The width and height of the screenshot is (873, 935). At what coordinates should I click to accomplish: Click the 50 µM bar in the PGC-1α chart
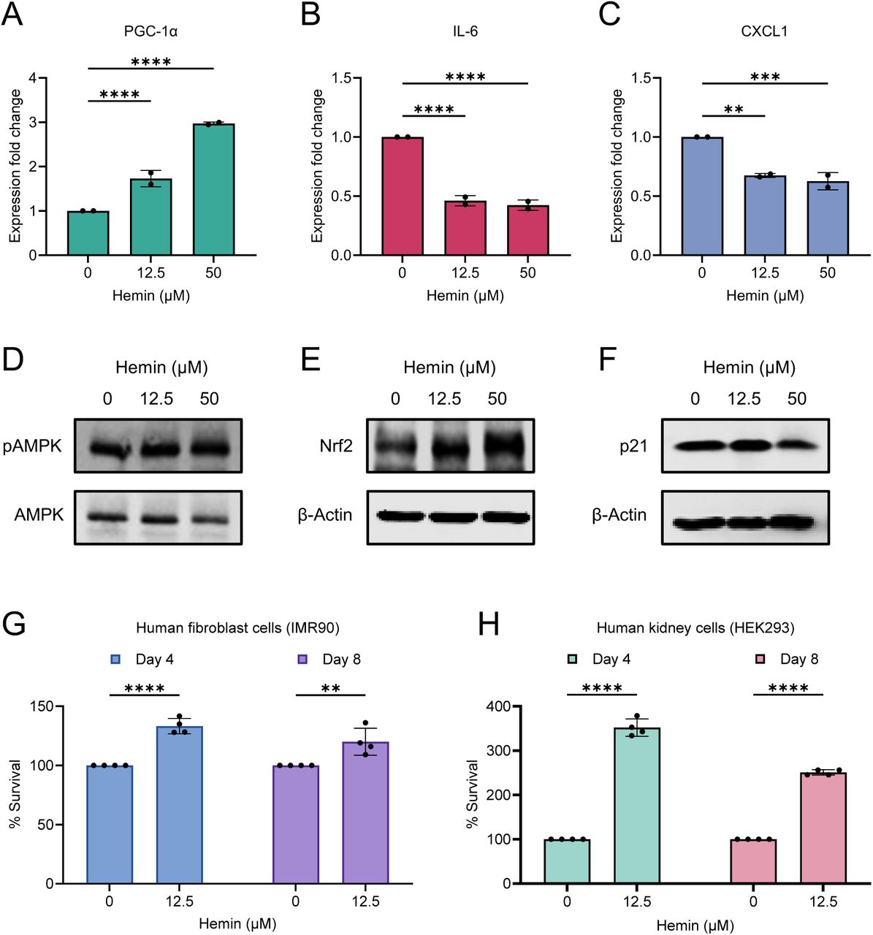coord(213,190)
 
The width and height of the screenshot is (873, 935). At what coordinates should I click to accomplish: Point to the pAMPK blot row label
coord(32,446)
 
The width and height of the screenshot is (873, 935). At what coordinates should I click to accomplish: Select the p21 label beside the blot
coord(633,446)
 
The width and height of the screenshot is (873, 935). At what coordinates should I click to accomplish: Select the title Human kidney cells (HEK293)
coord(695,627)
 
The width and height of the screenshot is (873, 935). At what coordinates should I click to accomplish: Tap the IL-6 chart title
coord(465,31)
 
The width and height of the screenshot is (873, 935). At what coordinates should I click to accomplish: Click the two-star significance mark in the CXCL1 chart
coord(733,110)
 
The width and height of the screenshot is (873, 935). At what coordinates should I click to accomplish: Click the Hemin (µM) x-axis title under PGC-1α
coord(150,296)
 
